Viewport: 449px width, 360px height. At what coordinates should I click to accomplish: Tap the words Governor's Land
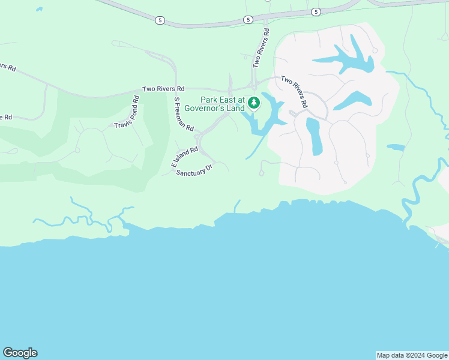(214, 108)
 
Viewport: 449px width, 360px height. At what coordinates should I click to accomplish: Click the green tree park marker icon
(254, 103)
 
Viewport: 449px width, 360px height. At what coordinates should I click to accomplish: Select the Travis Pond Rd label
(127, 116)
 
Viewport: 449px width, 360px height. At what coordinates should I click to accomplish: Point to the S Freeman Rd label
(184, 115)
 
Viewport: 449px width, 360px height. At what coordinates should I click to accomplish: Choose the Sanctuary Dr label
(194, 170)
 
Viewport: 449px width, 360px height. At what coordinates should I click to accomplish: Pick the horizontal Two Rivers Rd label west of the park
(163, 89)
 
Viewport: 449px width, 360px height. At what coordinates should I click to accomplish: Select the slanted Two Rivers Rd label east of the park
(295, 91)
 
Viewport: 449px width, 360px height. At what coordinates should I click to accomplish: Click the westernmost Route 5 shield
(159, 20)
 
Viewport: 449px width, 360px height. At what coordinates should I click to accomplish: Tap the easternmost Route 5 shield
(316, 11)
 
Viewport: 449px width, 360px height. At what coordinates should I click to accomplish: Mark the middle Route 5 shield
(248, 20)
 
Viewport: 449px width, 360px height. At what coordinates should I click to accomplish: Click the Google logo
(20, 353)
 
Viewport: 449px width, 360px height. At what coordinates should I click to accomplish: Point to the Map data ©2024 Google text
(412, 355)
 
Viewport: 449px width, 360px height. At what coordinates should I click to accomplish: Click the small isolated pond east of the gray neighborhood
(396, 146)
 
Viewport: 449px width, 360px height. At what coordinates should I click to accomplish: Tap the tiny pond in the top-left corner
(39, 10)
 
